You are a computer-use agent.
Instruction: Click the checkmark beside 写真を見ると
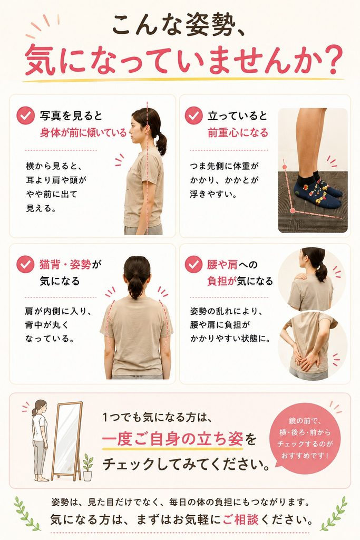click(25, 115)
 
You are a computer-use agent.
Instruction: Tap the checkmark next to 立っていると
click(194, 115)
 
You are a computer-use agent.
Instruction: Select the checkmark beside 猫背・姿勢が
click(25, 265)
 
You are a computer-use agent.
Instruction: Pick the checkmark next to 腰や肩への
click(194, 265)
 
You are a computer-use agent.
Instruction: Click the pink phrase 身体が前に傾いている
click(83, 132)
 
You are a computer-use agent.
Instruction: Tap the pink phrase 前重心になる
click(238, 132)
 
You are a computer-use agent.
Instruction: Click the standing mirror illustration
click(67, 441)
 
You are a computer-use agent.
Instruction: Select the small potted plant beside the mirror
click(88, 467)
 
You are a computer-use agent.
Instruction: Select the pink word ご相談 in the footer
click(240, 519)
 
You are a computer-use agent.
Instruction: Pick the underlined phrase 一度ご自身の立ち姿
click(172, 439)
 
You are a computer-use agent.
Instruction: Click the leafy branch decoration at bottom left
click(26, 514)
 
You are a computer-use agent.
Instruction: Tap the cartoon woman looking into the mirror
click(40, 440)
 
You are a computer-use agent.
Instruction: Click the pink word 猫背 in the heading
click(50, 265)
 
